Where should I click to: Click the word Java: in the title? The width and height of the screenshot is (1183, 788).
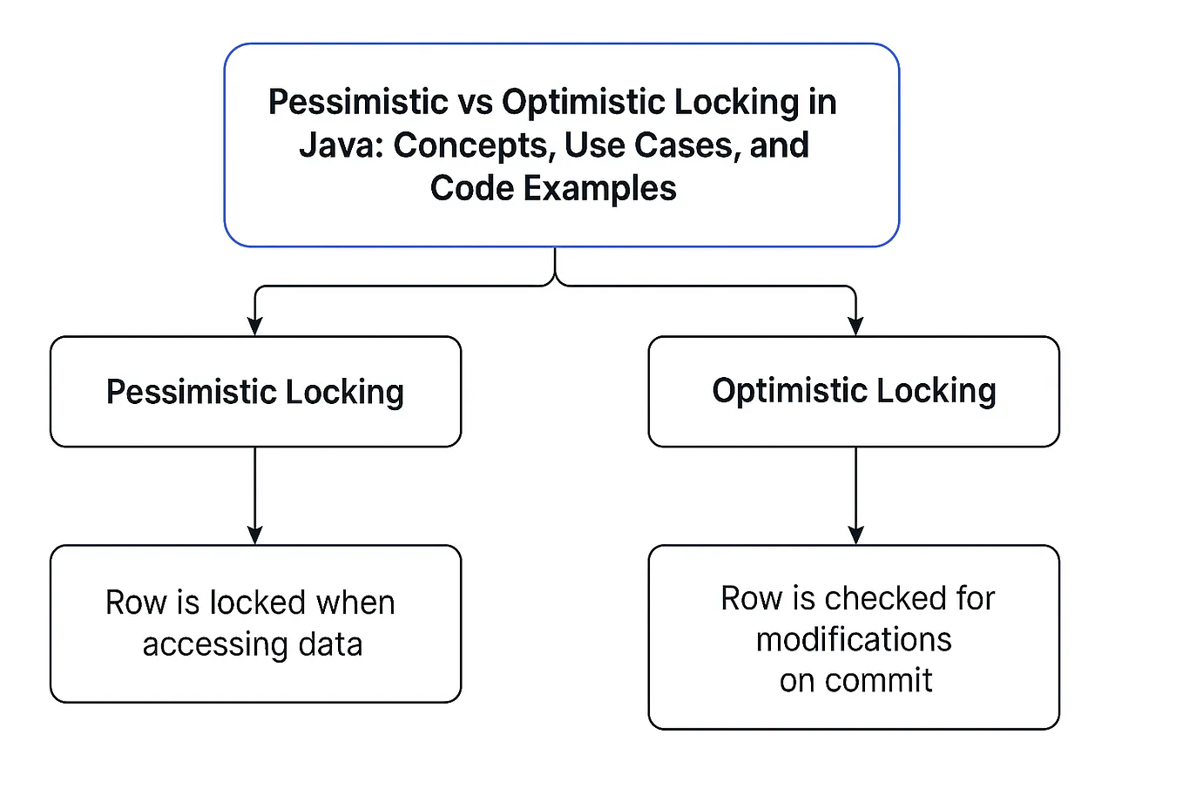click(341, 145)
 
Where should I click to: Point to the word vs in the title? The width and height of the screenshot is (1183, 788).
click(475, 103)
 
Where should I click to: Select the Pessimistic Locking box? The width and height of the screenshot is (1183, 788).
click(255, 392)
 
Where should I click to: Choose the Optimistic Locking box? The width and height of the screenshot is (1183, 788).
click(854, 391)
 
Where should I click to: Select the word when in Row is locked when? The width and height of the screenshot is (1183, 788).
click(355, 603)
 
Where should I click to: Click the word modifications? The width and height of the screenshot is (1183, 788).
click(854, 640)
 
